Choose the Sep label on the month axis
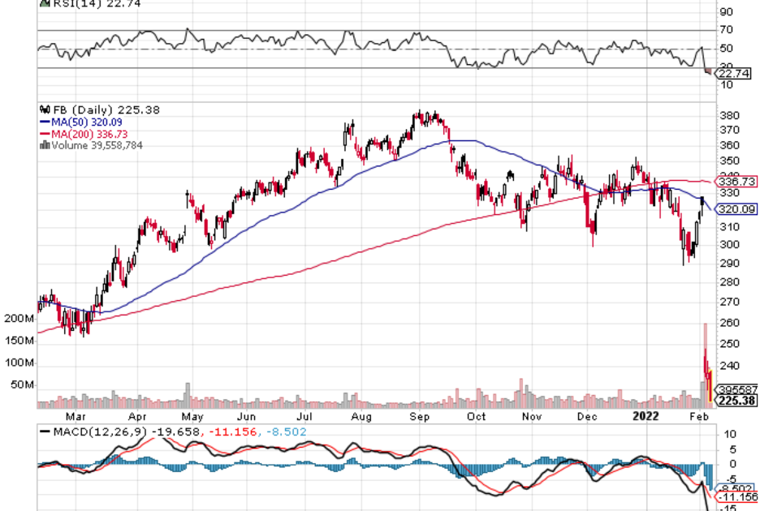[419, 417]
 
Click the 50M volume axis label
[22, 384]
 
